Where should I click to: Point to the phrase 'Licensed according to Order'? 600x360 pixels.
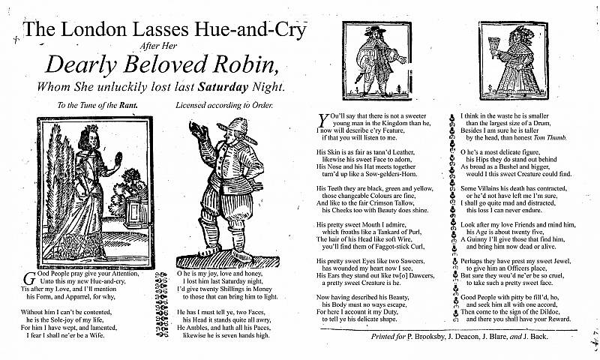224,106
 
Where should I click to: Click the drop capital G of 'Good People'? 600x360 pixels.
28,276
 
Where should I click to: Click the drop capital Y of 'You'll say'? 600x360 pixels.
323,118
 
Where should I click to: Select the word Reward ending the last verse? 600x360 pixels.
553,319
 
